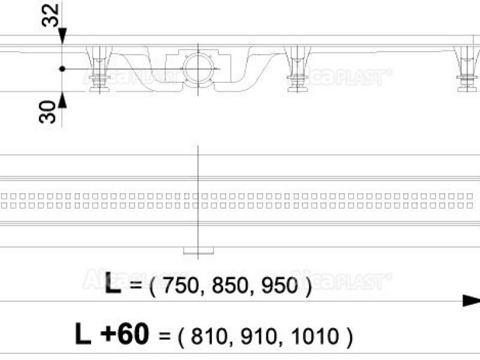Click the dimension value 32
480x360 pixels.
pyautogui.click(x=53, y=15)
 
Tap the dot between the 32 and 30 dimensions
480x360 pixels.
pyautogui.click(x=62, y=69)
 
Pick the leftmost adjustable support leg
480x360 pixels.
pyautogui.click(x=98, y=69)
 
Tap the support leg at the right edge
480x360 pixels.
pyautogui.click(x=466, y=69)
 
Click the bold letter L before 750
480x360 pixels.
pyautogui.click(x=112, y=283)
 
